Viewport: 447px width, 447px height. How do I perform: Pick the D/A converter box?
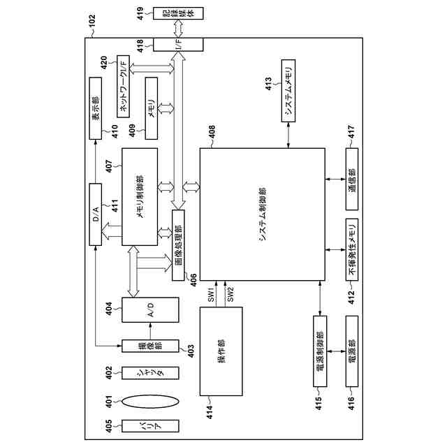97,214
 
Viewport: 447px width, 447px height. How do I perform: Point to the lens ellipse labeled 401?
150,402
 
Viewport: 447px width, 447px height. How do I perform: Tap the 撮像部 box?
150,346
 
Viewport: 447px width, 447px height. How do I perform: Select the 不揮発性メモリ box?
351,249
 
